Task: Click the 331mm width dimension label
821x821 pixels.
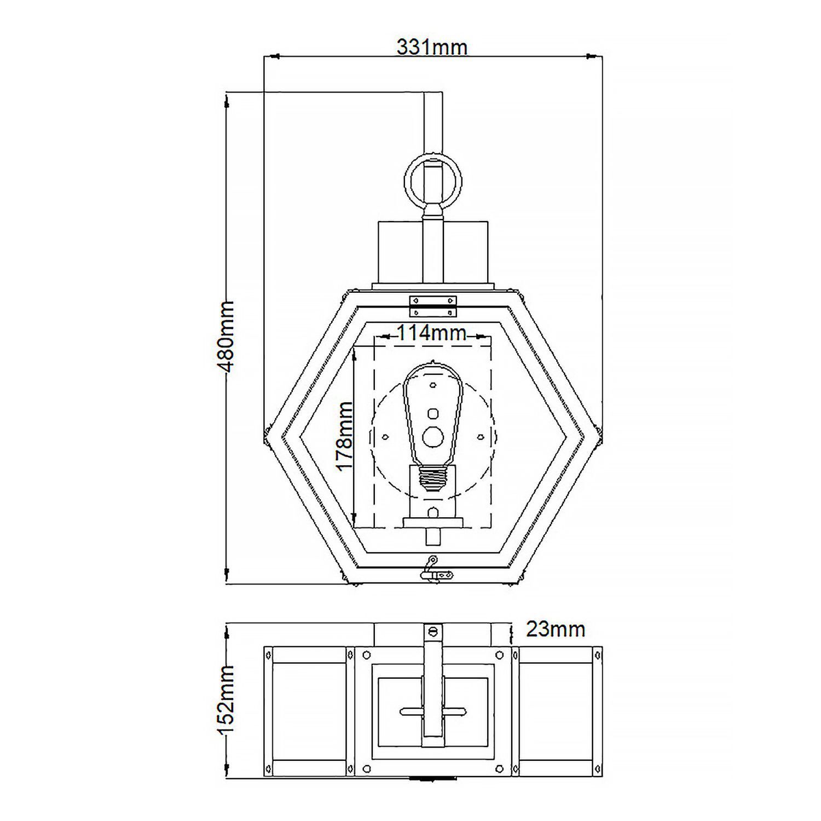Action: [432, 48]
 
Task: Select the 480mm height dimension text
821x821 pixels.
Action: [225, 336]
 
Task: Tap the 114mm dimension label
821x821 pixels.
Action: [431, 333]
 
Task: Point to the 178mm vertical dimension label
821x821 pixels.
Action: [344, 436]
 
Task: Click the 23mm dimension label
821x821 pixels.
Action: [555, 629]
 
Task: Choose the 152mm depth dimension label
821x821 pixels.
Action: [225, 701]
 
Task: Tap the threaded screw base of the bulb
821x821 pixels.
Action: [433, 480]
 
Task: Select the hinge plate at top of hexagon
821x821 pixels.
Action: [433, 306]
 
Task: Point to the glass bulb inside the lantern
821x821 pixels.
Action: [433, 416]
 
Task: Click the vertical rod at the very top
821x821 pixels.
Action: [433, 120]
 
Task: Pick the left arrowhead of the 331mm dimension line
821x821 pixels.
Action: [273, 56]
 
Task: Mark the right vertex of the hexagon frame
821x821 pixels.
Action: [599, 436]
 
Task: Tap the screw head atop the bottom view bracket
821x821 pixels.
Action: [433, 631]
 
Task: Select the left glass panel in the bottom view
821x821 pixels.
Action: [309, 710]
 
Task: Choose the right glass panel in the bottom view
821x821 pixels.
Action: [556, 710]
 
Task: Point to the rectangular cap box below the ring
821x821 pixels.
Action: [433, 252]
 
